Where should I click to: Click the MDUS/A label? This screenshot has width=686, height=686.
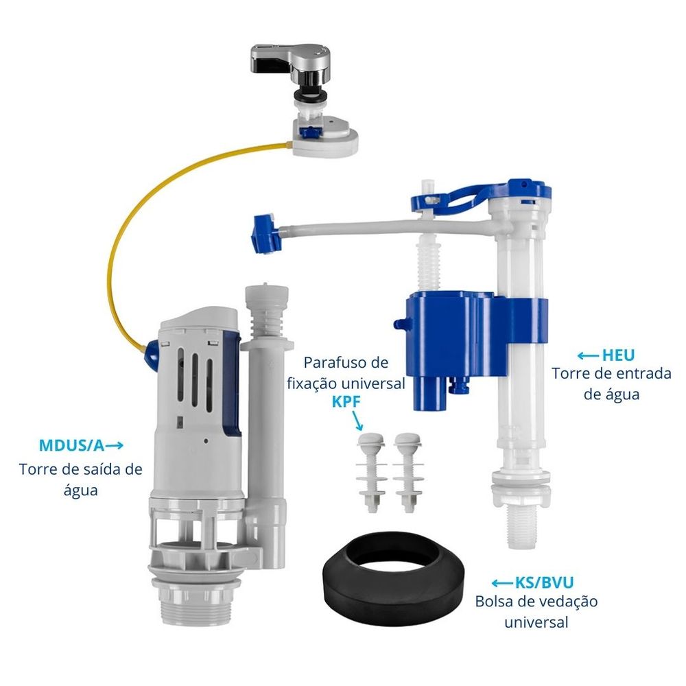coord(71,445)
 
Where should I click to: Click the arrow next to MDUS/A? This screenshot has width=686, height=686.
coord(115,445)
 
